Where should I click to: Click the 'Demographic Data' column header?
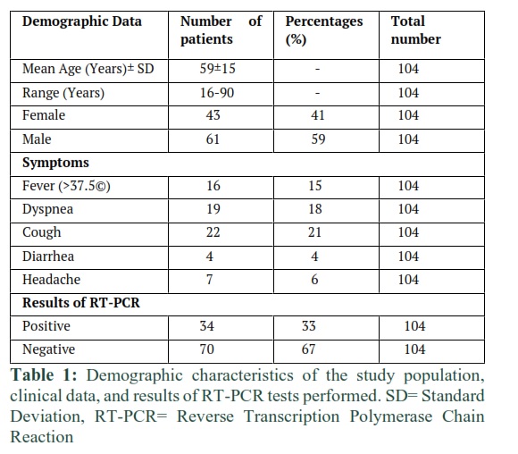[82, 21]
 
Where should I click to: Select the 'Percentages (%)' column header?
[323, 30]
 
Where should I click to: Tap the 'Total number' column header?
[415, 30]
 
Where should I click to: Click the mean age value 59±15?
[217, 69]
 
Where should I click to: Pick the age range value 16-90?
[217, 93]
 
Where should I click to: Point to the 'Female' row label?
[44, 115]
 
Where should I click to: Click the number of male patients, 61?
[213, 139]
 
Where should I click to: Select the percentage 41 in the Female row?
[318, 115]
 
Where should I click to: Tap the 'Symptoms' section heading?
[55, 163]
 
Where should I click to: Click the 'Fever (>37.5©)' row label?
[66, 186]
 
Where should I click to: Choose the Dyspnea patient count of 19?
[213, 209]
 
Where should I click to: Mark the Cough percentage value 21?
[314, 232]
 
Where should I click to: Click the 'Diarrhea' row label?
[48, 256]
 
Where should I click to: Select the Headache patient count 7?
[210, 280]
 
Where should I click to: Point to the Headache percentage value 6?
[314, 280]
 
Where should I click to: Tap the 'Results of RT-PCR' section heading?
[81, 303]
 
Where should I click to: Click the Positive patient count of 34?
[207, 326]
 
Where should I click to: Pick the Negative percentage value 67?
[308, 349]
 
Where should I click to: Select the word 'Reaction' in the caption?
[42, 437]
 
